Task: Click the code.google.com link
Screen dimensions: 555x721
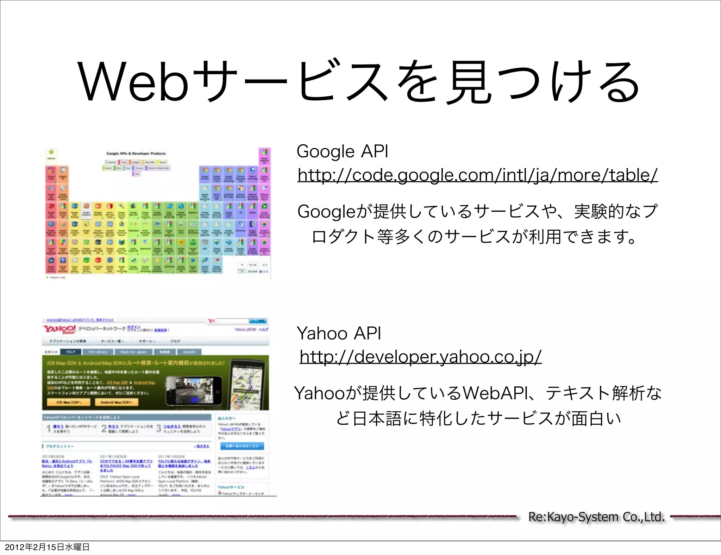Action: (x=477, y=175)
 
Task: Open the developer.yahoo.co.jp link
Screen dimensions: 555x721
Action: (x=420, y=357)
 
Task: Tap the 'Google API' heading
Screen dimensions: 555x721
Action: (x=342, y=151)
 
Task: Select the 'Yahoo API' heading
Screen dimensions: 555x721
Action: (x=339, y=333)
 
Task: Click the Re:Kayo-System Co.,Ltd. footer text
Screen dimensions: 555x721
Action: (x=596, y=517)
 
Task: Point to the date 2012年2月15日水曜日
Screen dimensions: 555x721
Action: (x=47, y=547)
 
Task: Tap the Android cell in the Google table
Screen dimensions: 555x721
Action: (x=51, y=154)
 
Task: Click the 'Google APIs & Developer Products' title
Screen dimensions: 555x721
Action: (x=136, y=154)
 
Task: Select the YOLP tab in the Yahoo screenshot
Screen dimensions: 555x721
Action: (x=70, y=352)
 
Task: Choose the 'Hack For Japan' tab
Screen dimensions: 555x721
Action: (x=133, y=352)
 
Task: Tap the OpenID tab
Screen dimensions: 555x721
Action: (x=189, y=352)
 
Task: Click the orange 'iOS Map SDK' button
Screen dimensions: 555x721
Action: (x=69, y=402)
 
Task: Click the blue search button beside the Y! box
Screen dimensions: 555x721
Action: (x=258, y=321)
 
